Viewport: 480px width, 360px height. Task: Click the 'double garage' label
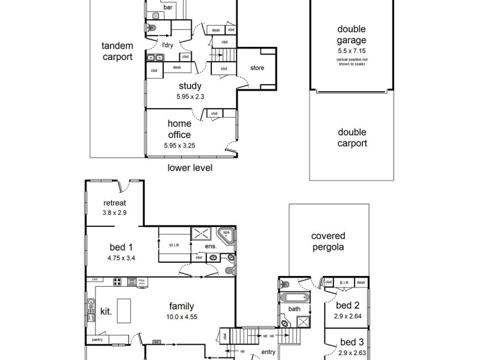(x=352, y=35)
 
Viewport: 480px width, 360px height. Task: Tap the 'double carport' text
(x=352, y=138)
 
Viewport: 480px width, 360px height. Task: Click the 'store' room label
(x=257, y=68)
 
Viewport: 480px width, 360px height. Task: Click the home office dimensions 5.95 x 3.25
(x=179, y=145)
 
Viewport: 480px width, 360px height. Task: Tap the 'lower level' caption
(x=190, y=169)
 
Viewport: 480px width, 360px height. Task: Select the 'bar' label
(x=160, y=8)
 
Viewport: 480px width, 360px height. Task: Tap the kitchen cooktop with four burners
(x=119, y=282)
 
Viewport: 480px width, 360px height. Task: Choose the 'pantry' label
(x=97, y=340)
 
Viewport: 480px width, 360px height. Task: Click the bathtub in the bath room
(x=294, y=298)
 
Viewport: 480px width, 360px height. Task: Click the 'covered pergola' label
(x=328, y=241)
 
